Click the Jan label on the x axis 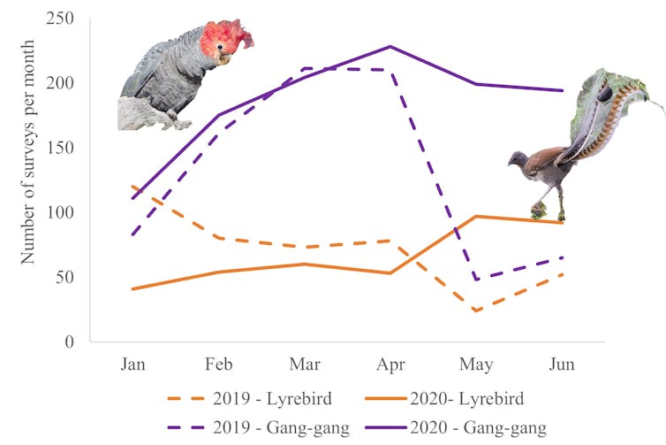[x=132, y=364]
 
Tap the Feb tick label [x=218, y=364]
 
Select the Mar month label [x=305, y=364]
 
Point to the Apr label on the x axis [x=390, y=364]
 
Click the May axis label [x=477, y=364]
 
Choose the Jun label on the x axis [x=563, y=364]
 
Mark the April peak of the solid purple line [x=390, y=47]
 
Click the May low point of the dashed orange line [x=477, y=311]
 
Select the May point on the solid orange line [x=477, y=216]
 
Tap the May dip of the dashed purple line [x=477, y=280]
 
